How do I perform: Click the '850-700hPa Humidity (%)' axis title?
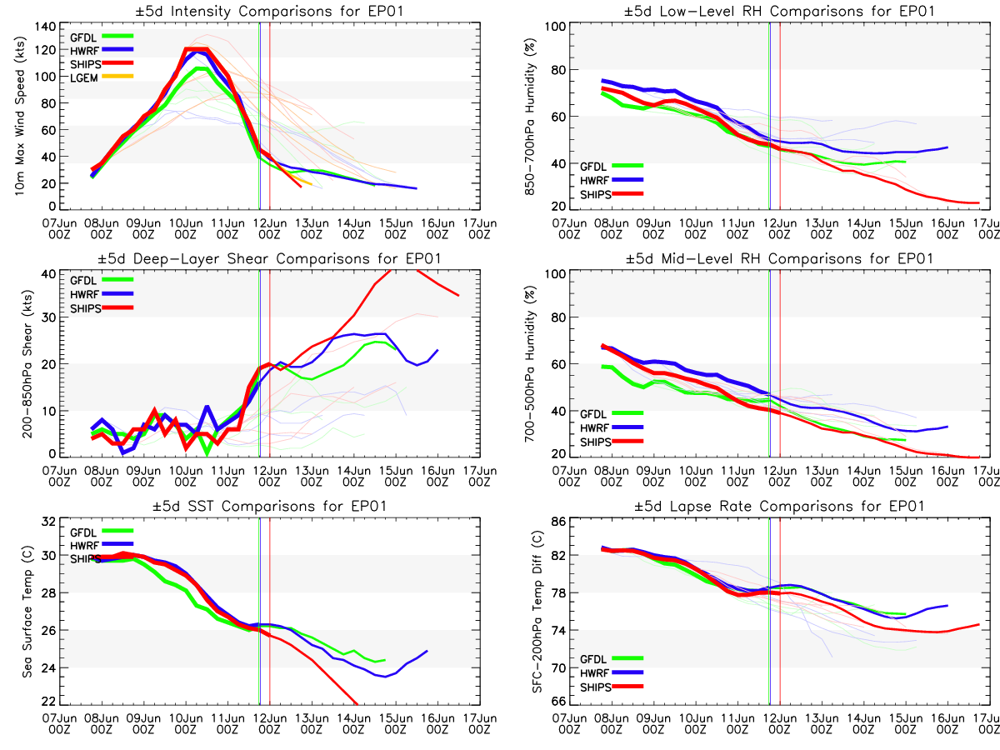(527, 116)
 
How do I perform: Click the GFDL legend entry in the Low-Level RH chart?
(593, 167)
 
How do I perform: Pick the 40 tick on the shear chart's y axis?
(47, 274)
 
